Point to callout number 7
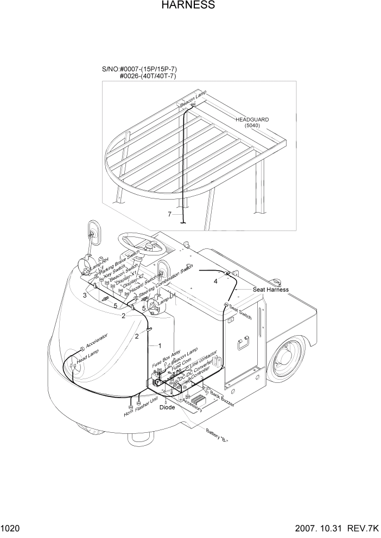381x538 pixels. tap(170, 214)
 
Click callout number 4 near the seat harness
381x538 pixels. tap(215, 281)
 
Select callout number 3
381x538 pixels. tap(85, 296)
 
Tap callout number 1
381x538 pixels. tap(160, 345)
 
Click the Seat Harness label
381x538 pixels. tap(270, 290)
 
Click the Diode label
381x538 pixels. tap(167, 407)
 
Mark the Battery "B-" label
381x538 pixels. tap(217, 435)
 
